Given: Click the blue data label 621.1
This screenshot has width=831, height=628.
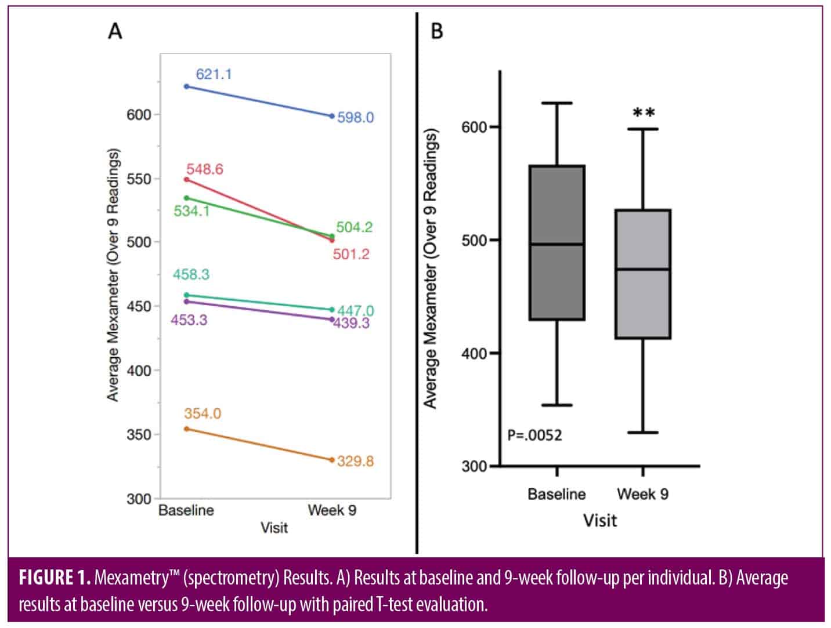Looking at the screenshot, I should (214, 74).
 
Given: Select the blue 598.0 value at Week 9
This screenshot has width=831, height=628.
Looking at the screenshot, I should (355, 118).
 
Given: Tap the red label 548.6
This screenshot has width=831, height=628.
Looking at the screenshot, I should (204, 169).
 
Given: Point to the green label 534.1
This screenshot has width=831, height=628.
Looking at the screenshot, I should (192, 211).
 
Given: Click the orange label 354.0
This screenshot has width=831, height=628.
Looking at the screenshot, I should (203, 413).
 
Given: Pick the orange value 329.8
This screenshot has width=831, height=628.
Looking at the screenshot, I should (355, 462).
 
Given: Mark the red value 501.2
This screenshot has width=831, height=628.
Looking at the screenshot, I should (351, 254).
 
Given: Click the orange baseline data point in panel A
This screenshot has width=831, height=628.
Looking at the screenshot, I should (186, 429).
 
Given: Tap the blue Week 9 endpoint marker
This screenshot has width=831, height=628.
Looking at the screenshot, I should (332, 116).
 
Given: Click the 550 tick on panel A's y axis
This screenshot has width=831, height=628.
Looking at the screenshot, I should (139, 179).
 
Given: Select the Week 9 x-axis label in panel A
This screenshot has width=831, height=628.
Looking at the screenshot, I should (332, 510).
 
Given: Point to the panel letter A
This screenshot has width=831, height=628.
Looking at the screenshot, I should (115, 31).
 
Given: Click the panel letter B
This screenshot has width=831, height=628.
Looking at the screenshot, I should (437, 31).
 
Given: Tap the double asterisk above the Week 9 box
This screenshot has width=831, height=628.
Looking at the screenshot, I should (644, 113).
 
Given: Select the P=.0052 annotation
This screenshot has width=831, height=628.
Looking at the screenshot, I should (534, 435).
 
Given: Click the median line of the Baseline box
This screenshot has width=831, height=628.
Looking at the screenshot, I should (557, 244).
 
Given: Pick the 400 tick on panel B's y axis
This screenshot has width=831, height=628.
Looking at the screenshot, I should (474, 353).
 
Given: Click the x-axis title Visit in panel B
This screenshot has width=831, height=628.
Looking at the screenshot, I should (600, 520).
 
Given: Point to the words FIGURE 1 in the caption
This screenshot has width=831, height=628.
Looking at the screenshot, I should (55, 578).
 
